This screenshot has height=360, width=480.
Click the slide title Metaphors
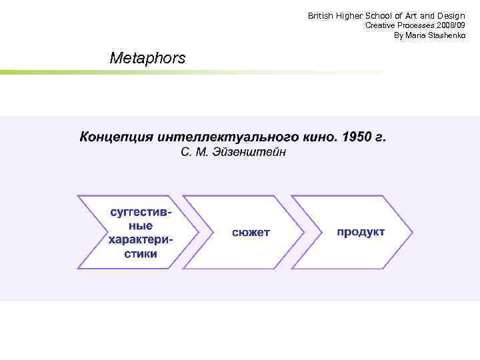(147, 59)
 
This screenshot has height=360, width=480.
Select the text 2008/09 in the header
(450, 25)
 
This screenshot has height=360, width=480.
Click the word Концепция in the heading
(117, 137)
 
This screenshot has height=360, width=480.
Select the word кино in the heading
(317, 137)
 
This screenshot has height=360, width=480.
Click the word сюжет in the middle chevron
(251, 232)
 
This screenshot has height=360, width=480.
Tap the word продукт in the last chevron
(361, 231)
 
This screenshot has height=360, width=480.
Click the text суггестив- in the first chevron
(141, 213)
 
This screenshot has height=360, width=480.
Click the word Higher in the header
(351, 15)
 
